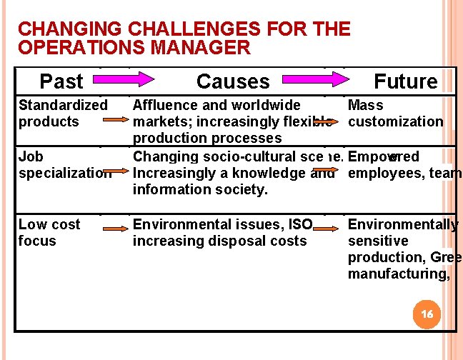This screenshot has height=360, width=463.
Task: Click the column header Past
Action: (61, 81)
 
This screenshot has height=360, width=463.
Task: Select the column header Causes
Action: (233, 81)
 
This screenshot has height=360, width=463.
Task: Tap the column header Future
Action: (406, 81)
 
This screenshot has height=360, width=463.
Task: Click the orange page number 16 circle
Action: (427, 314)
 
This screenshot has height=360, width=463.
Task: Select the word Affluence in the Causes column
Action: (166, 105)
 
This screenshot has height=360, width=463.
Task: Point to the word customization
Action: (395, 121)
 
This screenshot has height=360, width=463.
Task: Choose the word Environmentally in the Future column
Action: (402, 224)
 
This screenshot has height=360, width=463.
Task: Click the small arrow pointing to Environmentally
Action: (327, 229)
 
